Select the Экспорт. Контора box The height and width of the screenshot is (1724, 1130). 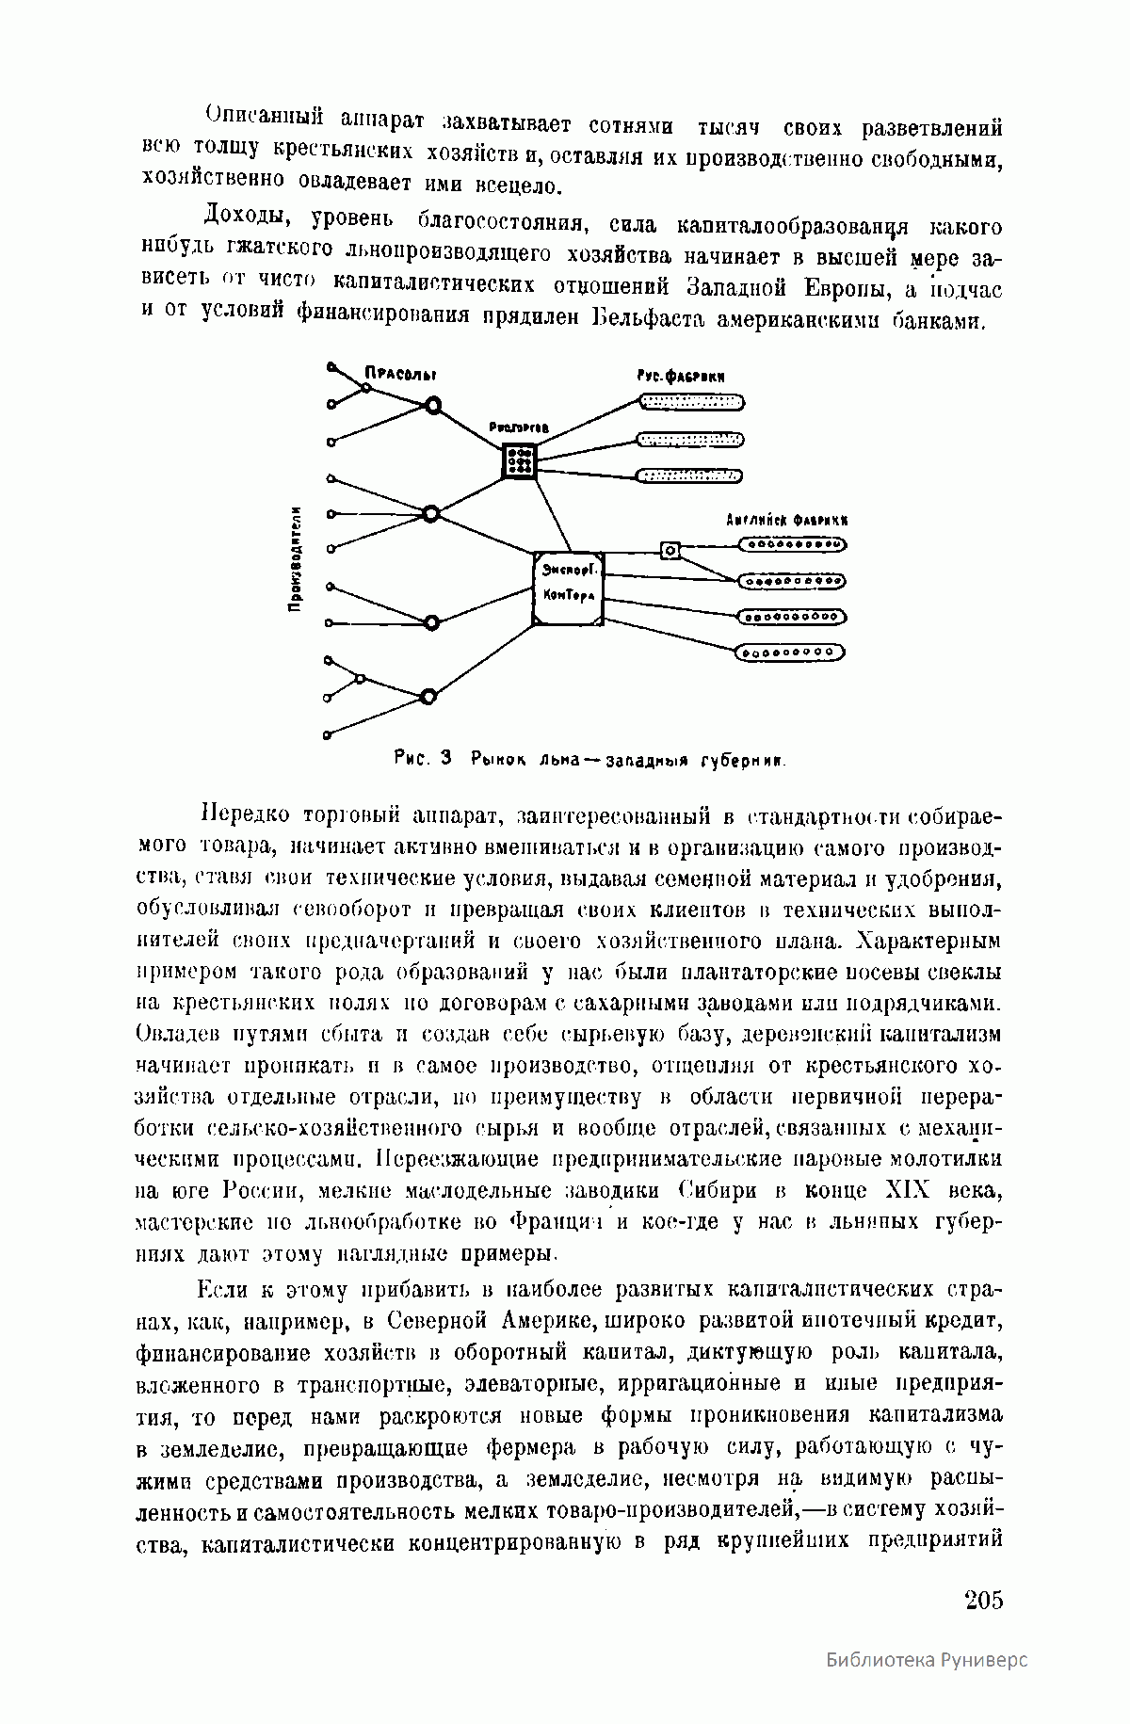click(x=570, y=588)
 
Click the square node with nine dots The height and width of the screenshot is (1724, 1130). click(x=519, y=461)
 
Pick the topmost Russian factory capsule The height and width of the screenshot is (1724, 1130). click(x=691, y=403)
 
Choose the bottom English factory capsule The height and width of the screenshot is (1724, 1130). click(x=789, y=652)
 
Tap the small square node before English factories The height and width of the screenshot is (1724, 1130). click(x=670, y=550)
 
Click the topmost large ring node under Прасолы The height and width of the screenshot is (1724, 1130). click(x=432, y=405)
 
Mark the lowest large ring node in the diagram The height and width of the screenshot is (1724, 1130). click(x=428, y=697)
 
